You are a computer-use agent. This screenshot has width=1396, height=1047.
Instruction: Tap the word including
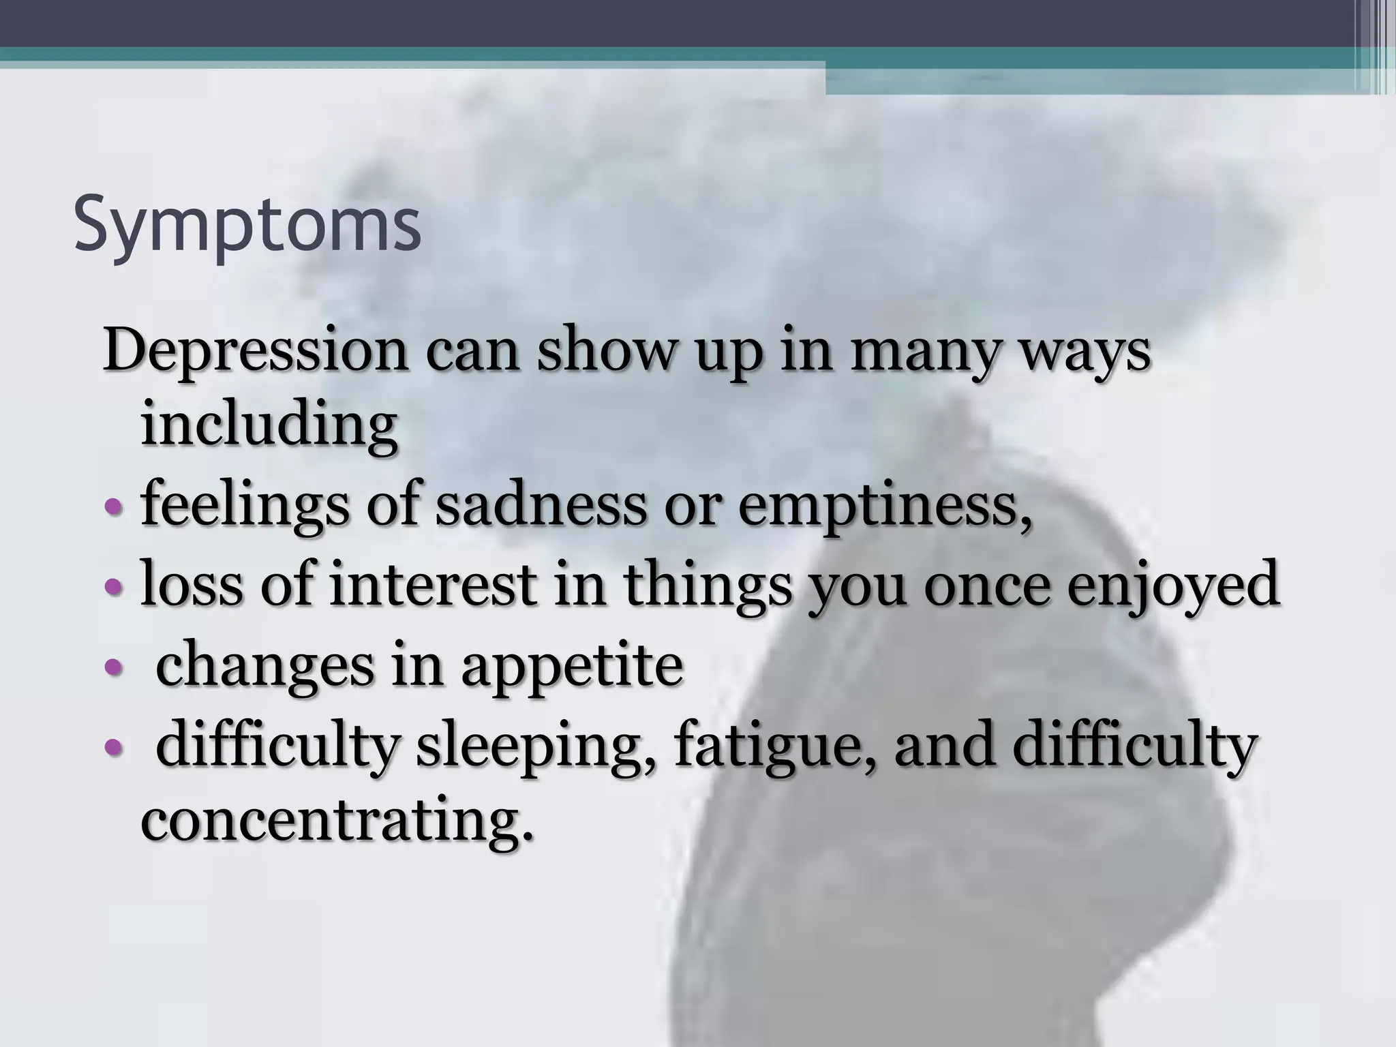[x=269, y=426]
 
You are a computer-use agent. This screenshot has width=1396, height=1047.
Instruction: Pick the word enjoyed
[x=1173, y=586]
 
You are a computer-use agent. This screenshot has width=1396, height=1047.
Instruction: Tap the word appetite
[x=571, y=667]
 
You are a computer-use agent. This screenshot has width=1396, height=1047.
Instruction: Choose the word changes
[x=265, y=666]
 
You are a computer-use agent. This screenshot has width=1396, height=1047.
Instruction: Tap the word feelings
[x=243, y=508]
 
